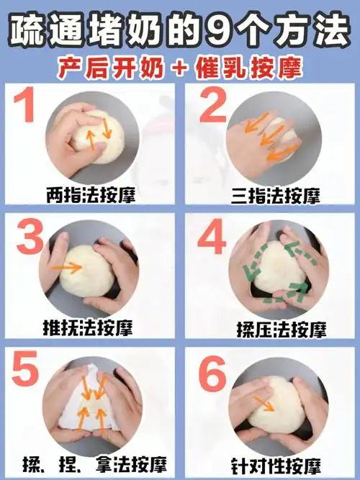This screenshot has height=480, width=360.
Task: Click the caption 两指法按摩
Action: tap(90, 194)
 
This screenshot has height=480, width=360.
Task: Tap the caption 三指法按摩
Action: tap(275, 194)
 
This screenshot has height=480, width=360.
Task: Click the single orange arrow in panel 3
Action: tap(70, 267)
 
